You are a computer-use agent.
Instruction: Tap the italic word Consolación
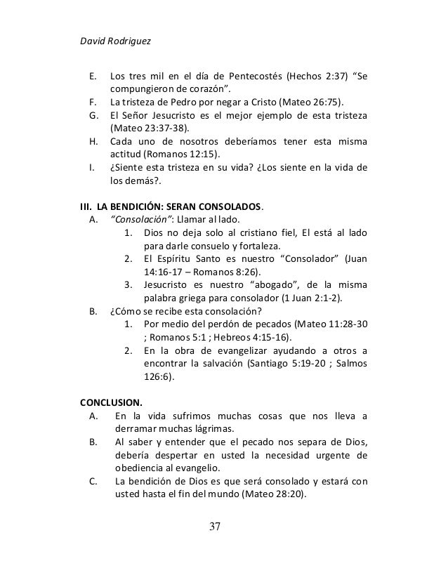(142, 220)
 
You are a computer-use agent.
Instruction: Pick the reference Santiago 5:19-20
(286, 364)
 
